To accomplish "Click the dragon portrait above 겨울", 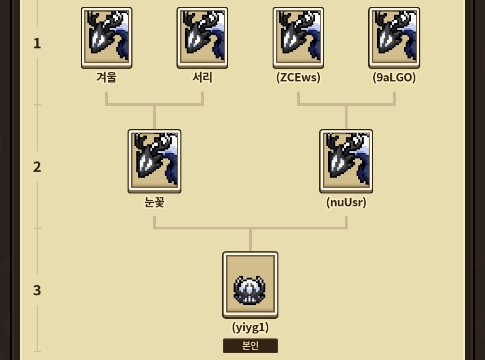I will tap(106, 37).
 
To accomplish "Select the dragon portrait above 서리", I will tap(202, 37).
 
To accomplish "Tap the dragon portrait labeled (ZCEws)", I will tap(298, 37).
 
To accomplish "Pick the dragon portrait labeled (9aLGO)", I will tap(394, 37).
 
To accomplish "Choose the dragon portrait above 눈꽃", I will tap(154, 161).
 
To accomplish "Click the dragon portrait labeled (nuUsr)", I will tap(346, 161).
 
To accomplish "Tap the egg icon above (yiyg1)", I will tap(250, 285).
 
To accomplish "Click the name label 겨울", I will tap(106, 77).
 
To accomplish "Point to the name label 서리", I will tap(202, 77).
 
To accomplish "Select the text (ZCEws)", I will tap(298, 77).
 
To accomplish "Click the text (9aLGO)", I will tap(394, 77).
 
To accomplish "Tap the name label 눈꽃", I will tap(154, 202).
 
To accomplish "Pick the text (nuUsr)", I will tap(346, 202).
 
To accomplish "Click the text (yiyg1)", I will tap(250, 327).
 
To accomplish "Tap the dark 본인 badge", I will tap(250, 346).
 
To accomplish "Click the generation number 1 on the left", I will tap(37, 43).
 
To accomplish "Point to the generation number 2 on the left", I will tap(37, 167).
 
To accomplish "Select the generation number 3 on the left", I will tap(37, 290).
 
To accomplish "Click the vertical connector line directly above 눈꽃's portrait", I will tap(154, 118).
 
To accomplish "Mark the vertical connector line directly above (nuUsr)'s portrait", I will tap(346, 118).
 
